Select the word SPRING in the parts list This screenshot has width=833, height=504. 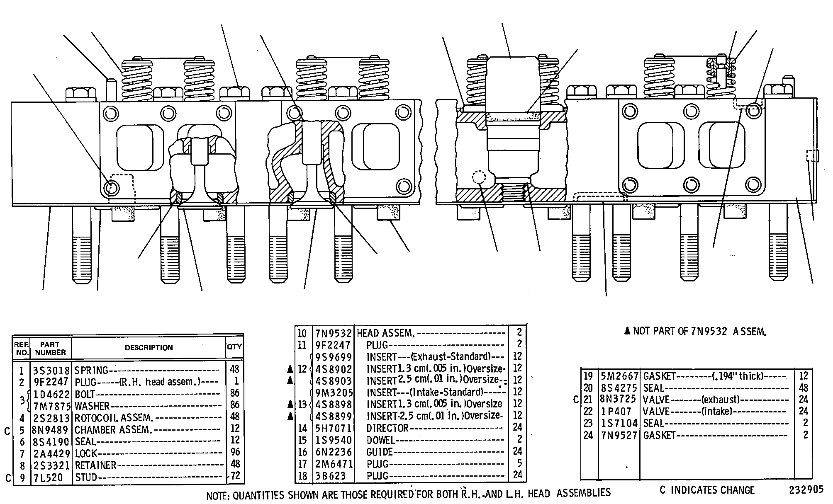[x=91, y=370]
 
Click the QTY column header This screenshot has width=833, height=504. [x=234, y=347]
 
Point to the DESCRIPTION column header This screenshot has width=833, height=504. [x=149, y=348]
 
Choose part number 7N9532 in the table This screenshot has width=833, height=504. [x=333, y=333]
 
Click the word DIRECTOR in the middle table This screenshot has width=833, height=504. [x=387, y=428]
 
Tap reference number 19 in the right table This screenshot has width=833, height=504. [x=588, y=376]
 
